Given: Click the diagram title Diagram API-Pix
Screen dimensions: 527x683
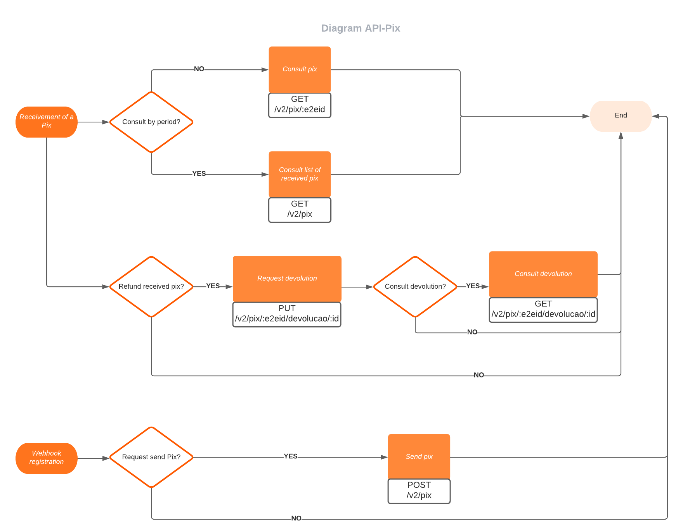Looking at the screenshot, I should [361, 28].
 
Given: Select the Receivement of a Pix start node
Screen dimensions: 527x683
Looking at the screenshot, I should [47, 122].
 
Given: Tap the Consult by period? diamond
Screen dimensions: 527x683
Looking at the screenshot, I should [151, 122].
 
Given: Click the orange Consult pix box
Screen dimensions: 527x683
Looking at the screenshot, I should [300, 69].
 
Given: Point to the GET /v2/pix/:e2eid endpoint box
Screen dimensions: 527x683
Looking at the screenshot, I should [300, 105].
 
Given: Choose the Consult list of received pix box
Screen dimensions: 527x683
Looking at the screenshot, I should [300, 174].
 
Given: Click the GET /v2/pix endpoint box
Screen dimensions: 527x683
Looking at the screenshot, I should [300, 209].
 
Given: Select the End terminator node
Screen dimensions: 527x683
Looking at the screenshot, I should [621, 116].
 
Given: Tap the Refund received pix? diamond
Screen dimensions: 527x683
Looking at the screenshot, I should [151, 286].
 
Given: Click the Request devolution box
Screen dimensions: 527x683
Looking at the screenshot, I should [287, 278].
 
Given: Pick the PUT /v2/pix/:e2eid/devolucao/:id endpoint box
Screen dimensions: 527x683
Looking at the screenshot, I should [287, 314].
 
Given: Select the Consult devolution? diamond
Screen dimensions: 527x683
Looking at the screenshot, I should [415, 286].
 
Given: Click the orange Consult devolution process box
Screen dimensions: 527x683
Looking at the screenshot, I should [543, 274].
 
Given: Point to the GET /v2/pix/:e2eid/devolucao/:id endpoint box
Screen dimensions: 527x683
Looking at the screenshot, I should [543, 310].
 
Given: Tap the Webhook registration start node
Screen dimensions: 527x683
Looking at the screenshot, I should [47, 458].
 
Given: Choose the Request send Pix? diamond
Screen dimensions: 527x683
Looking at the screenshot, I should [151, 457].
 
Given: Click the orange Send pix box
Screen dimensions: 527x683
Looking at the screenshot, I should [419, 456].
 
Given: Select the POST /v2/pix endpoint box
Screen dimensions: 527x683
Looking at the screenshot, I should [419, 491].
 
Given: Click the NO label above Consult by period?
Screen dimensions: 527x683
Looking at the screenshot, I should [199, 69].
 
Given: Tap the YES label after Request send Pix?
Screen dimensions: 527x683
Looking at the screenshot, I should [290, 456].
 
